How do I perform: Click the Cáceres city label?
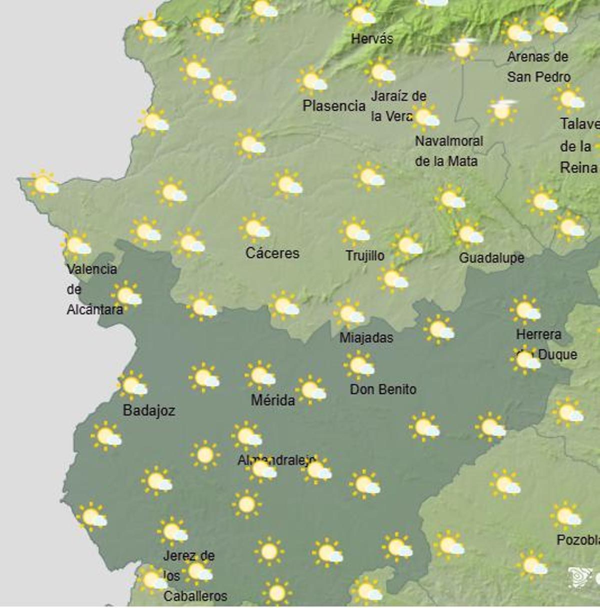(272, 253)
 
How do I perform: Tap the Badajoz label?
(148, 411)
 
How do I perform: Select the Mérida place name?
(272, 400)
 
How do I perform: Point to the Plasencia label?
(334, 106)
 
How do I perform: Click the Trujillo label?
(365, 256)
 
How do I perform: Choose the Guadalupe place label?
(491, 258)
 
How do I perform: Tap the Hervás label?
(372, 39)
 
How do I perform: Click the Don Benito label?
(383, 389)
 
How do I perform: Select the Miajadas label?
(366, 338)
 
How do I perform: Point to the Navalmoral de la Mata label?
(448, 151)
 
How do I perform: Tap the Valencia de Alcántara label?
(94, 289)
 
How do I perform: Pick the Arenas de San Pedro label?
(538, 67)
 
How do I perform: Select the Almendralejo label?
(276, 460)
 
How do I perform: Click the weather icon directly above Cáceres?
(255, 227)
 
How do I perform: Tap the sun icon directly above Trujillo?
(354, 231)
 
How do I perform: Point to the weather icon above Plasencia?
(312, 80)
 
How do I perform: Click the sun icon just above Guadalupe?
(468, 233)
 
